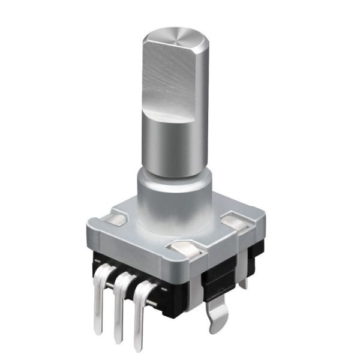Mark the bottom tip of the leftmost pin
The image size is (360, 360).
tap(98, 329)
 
